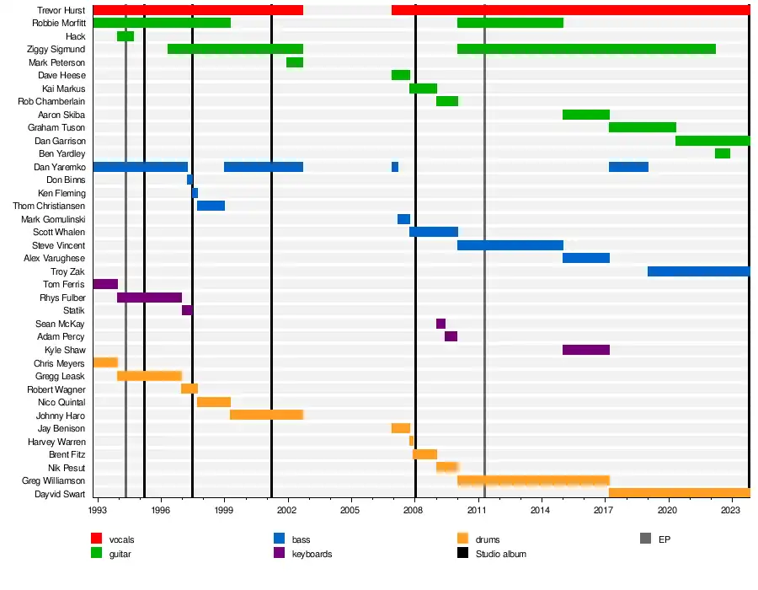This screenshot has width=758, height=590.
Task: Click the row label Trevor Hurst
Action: pos(61,10)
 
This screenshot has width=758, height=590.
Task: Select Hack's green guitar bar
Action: pos(125,36)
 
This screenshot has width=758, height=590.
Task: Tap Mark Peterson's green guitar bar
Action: pos(295,62)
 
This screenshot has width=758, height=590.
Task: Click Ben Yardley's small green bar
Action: pos(723,153)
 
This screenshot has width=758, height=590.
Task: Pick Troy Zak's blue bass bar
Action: pos(698,271)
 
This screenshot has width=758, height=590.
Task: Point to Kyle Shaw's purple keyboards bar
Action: pos(586,350)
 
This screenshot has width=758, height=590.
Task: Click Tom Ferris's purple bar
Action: pos(105,284)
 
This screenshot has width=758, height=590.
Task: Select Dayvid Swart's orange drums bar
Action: pos(679,493)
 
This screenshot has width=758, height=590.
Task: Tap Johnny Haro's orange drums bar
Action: pos(266,415)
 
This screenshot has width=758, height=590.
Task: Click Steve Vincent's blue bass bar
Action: pos(510,245)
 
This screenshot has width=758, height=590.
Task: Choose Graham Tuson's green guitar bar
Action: pos(643,127)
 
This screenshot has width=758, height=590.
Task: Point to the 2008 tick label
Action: pos(414,511)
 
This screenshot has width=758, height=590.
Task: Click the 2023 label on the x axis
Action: pos(731,511)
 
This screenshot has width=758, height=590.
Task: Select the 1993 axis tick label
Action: pos(98,511)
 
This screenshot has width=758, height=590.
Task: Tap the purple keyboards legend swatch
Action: pos(280,554)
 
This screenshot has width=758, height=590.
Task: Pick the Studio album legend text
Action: pos(501,554)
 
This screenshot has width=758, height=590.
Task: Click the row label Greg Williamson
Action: pos(53,480)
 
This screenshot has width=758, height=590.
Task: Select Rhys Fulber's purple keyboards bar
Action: pos(149,298)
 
